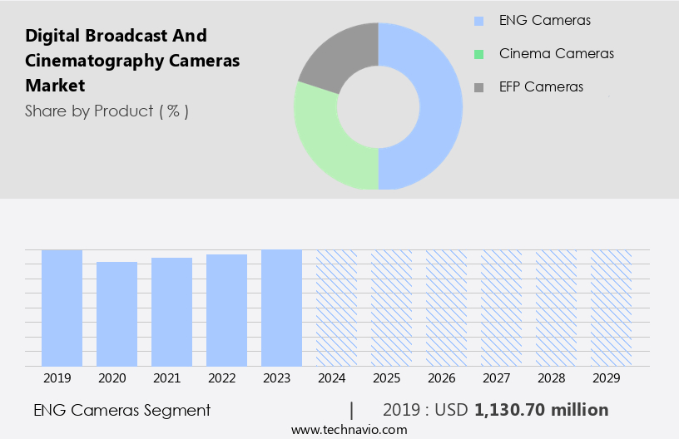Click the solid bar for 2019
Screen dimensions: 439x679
(62, 308)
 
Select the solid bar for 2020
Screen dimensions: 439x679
(116, 313)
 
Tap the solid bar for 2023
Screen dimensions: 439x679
(281, 308)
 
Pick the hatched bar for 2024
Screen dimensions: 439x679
(336, 308)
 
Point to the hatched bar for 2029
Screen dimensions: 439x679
(611, 308)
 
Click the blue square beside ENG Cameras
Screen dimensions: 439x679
(478, 21)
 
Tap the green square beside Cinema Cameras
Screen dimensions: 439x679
(478, 54)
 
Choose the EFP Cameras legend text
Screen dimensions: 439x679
(541, 86)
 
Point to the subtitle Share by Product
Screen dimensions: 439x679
(107, 111)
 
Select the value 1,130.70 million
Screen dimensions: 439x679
(541, 410)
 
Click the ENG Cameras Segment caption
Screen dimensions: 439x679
(121, 410)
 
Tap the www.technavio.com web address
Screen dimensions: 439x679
(349, 429)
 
